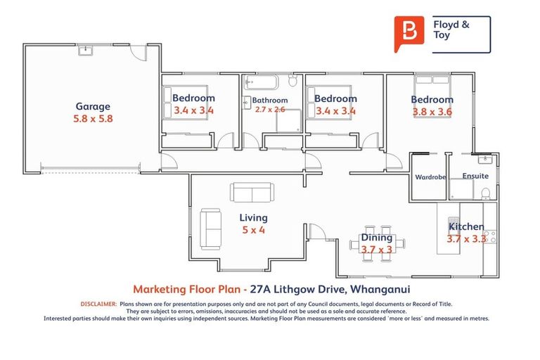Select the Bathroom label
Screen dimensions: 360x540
click(270, 101)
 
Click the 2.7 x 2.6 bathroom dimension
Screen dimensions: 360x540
click(270, 110)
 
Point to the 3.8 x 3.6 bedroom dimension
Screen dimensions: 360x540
click(432, 112)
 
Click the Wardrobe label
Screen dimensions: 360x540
click(430, 177)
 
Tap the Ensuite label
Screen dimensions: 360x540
click(475, 176)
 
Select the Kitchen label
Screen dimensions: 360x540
click(466, 226)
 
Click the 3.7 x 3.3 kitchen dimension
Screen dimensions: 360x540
click(466, 239)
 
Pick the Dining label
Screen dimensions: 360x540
click(377, 238)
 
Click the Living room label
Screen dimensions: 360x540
click(253, 218)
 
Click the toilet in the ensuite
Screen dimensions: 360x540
click(484, 192)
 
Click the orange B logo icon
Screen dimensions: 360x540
click(405, 32)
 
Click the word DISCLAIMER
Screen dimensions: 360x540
click(98, 304)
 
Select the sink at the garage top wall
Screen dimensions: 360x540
click(86, 50)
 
